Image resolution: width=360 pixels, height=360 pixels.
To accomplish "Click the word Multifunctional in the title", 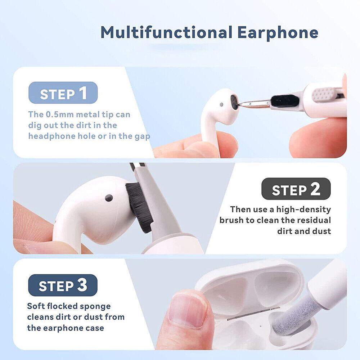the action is click(166, 32).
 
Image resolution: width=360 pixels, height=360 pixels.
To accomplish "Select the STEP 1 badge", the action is click(63, 93).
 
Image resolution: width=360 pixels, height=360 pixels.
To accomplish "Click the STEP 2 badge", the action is click(296, 189).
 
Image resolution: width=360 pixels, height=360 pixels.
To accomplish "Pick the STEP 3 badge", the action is click(63, 285).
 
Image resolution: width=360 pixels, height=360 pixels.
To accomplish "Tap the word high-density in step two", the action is click(303, 210).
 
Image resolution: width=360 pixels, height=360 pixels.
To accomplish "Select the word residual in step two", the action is click(314, 220).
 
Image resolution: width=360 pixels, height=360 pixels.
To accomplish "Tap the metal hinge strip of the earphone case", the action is click(253, 314).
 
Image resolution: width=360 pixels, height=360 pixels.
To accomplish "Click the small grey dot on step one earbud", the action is click(221, 104).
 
